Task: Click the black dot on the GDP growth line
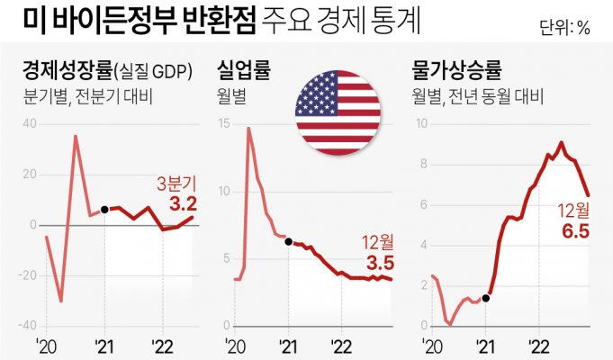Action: [x=104, y=209]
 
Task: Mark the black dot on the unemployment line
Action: [x=287, y=242]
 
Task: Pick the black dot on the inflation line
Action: [x=486, y=298]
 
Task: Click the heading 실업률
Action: [x=243, y=70]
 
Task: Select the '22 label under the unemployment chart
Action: [x=341, y=346]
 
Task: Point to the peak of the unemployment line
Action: [x=248, y=129]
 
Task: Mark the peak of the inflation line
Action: [x=562, y=142]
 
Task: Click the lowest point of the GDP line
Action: [x=61, y=301]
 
